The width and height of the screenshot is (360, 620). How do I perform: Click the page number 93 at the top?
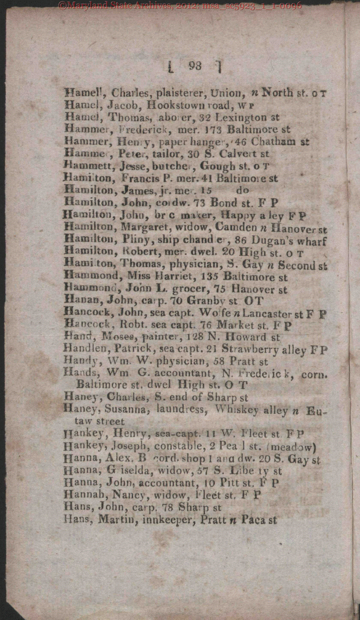[195, 66]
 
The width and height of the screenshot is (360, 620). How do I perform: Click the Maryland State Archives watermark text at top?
[180, 6]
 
